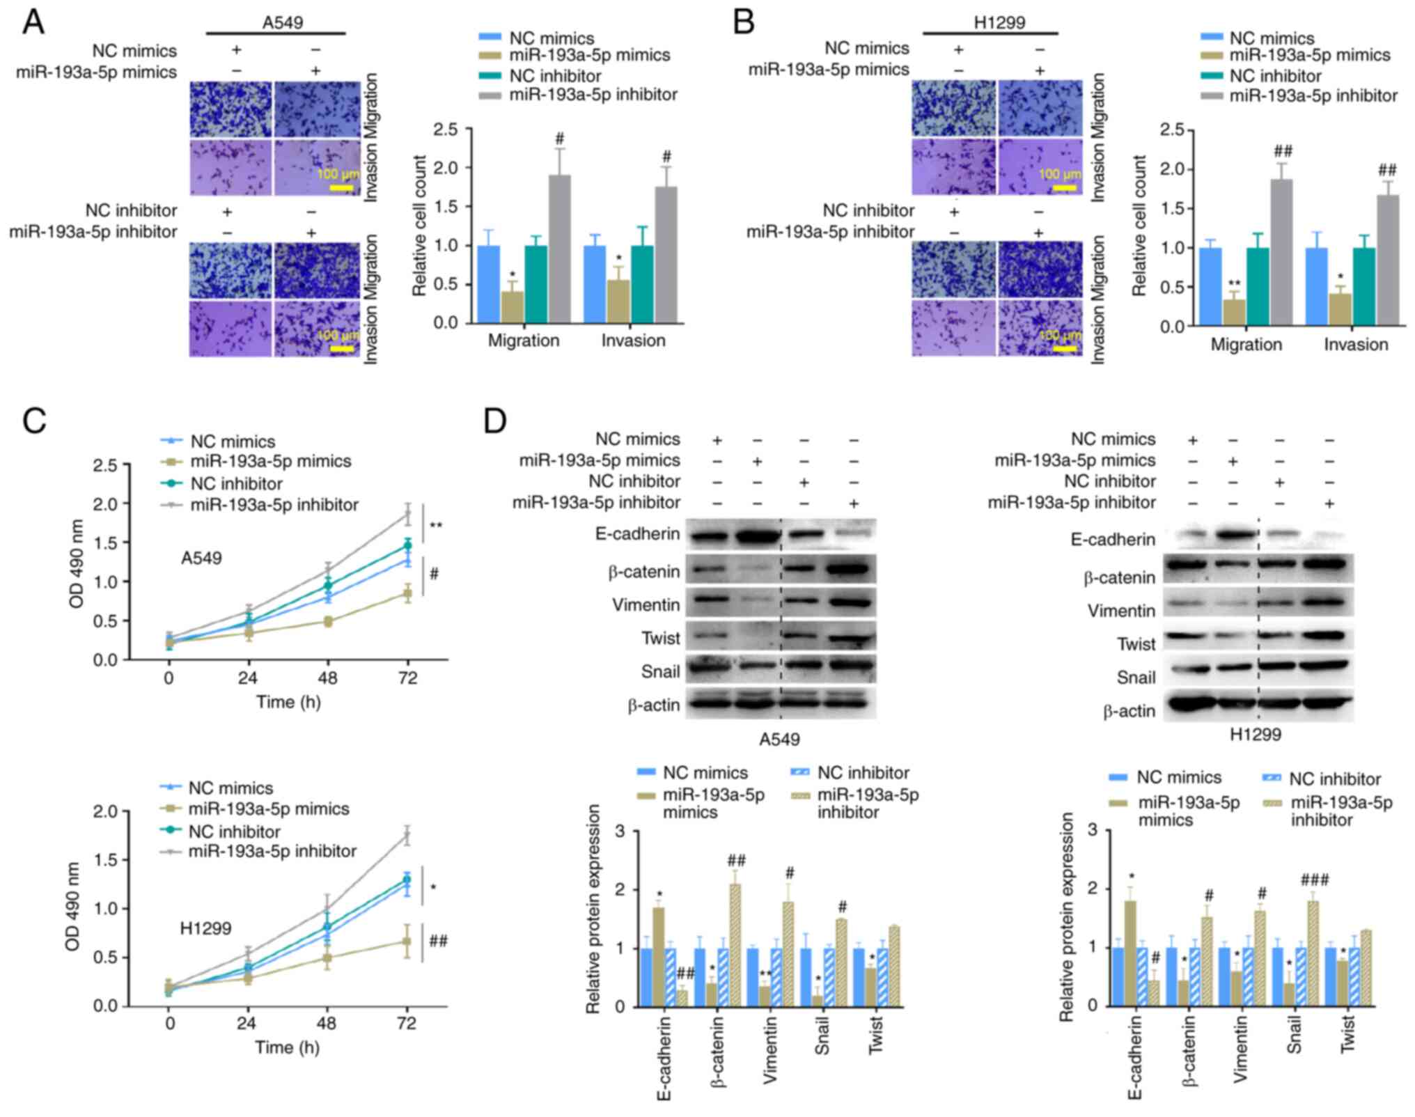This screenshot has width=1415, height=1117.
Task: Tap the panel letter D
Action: (494, 422)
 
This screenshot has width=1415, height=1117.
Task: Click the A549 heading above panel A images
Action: (282, 22)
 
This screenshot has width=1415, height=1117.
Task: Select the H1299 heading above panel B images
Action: (999, 22)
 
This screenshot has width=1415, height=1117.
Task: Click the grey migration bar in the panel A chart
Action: (559, 249)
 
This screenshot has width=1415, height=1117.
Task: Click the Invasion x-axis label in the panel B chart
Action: (1356, 345)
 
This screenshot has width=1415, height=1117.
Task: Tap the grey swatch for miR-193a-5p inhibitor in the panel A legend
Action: (490, 94)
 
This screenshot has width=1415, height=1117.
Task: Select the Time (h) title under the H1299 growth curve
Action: (287, 1047)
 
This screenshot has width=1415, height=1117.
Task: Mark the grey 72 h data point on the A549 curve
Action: (408, 514)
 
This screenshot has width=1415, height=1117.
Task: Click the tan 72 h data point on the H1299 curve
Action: (407, 941)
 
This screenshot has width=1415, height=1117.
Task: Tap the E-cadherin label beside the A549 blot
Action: (637, 534)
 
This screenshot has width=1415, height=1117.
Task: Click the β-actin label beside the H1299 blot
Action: (1129, 711)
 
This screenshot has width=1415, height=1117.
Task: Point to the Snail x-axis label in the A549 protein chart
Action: (821, 1036)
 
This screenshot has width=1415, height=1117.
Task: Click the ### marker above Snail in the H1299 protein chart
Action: (1313, 880)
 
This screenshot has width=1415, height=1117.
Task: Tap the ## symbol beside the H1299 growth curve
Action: (438, 942)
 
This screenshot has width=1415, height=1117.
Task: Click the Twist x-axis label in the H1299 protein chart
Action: (1347, 1034)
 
